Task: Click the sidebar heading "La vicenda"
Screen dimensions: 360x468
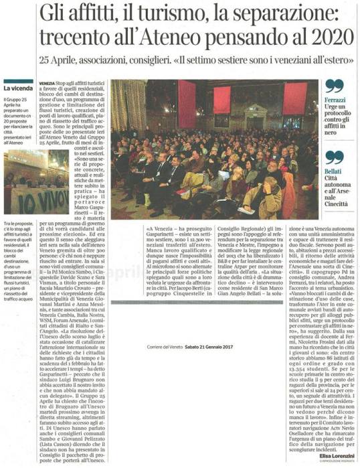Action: (20, 88)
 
